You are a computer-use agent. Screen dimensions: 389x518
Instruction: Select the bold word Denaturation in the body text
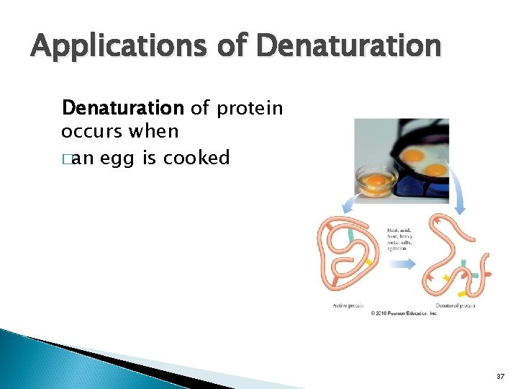click(x=123, y=109)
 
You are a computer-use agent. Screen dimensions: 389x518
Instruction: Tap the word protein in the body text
click(x=249, y=109)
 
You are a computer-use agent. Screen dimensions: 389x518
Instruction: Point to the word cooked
click(x=196, y=158)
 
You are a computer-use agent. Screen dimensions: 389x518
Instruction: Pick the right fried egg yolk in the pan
click(x=436, y=170)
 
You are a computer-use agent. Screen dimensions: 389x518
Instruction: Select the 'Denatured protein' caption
click(x=455, y=305)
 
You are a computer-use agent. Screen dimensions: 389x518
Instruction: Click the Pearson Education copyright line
click(x=404, y=313)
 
